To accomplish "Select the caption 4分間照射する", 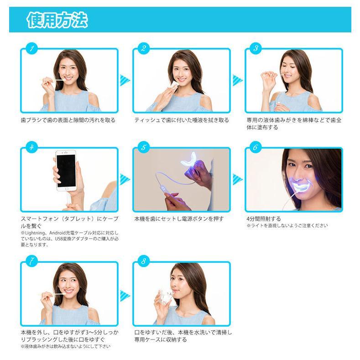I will (x=264, y=219).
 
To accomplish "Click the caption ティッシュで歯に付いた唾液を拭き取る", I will (x=182, y=120).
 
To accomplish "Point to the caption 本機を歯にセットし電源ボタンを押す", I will (x=179, y=219).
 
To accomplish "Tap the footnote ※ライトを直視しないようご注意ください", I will (x=287, y=226).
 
